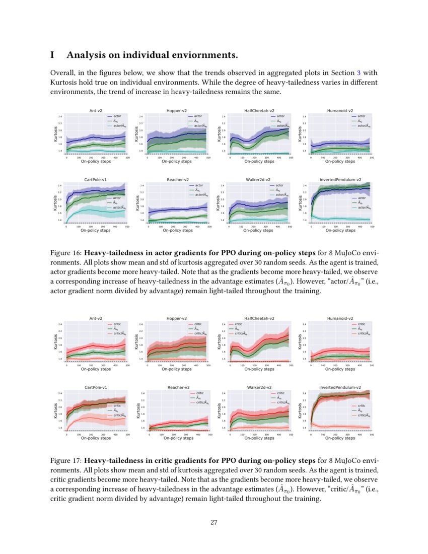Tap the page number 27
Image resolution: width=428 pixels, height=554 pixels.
coord(213,522)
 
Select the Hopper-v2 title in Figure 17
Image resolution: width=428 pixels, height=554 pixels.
coord(177,318)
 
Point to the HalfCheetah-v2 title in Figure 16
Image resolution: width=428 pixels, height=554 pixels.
coord(259,110)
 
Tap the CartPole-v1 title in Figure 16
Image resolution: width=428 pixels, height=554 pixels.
coord(95,179)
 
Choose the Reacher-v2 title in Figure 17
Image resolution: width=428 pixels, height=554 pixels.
coord(178,387)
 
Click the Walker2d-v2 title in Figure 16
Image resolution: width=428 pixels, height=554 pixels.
coord(259,179)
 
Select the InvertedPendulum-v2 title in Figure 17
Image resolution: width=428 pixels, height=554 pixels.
coord(340,387)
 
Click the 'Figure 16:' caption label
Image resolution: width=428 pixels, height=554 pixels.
coord(66,252)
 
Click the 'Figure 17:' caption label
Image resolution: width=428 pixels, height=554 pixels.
coord(66,461)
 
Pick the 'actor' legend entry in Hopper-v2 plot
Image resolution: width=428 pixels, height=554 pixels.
coord(198,116)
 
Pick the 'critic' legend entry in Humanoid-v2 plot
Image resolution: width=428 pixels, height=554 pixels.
coord(362,324)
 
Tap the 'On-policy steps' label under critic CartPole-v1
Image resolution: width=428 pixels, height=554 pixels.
coord(96,438)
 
